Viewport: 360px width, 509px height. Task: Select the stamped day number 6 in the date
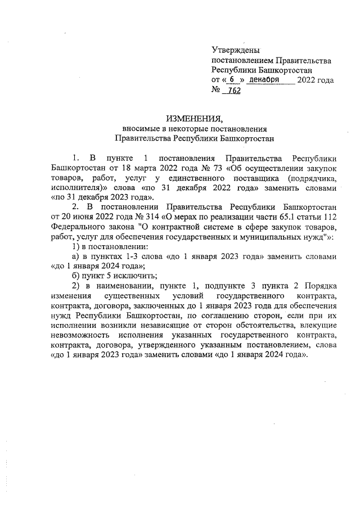(232, 80)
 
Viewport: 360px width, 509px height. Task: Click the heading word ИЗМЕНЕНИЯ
(194, 118)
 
